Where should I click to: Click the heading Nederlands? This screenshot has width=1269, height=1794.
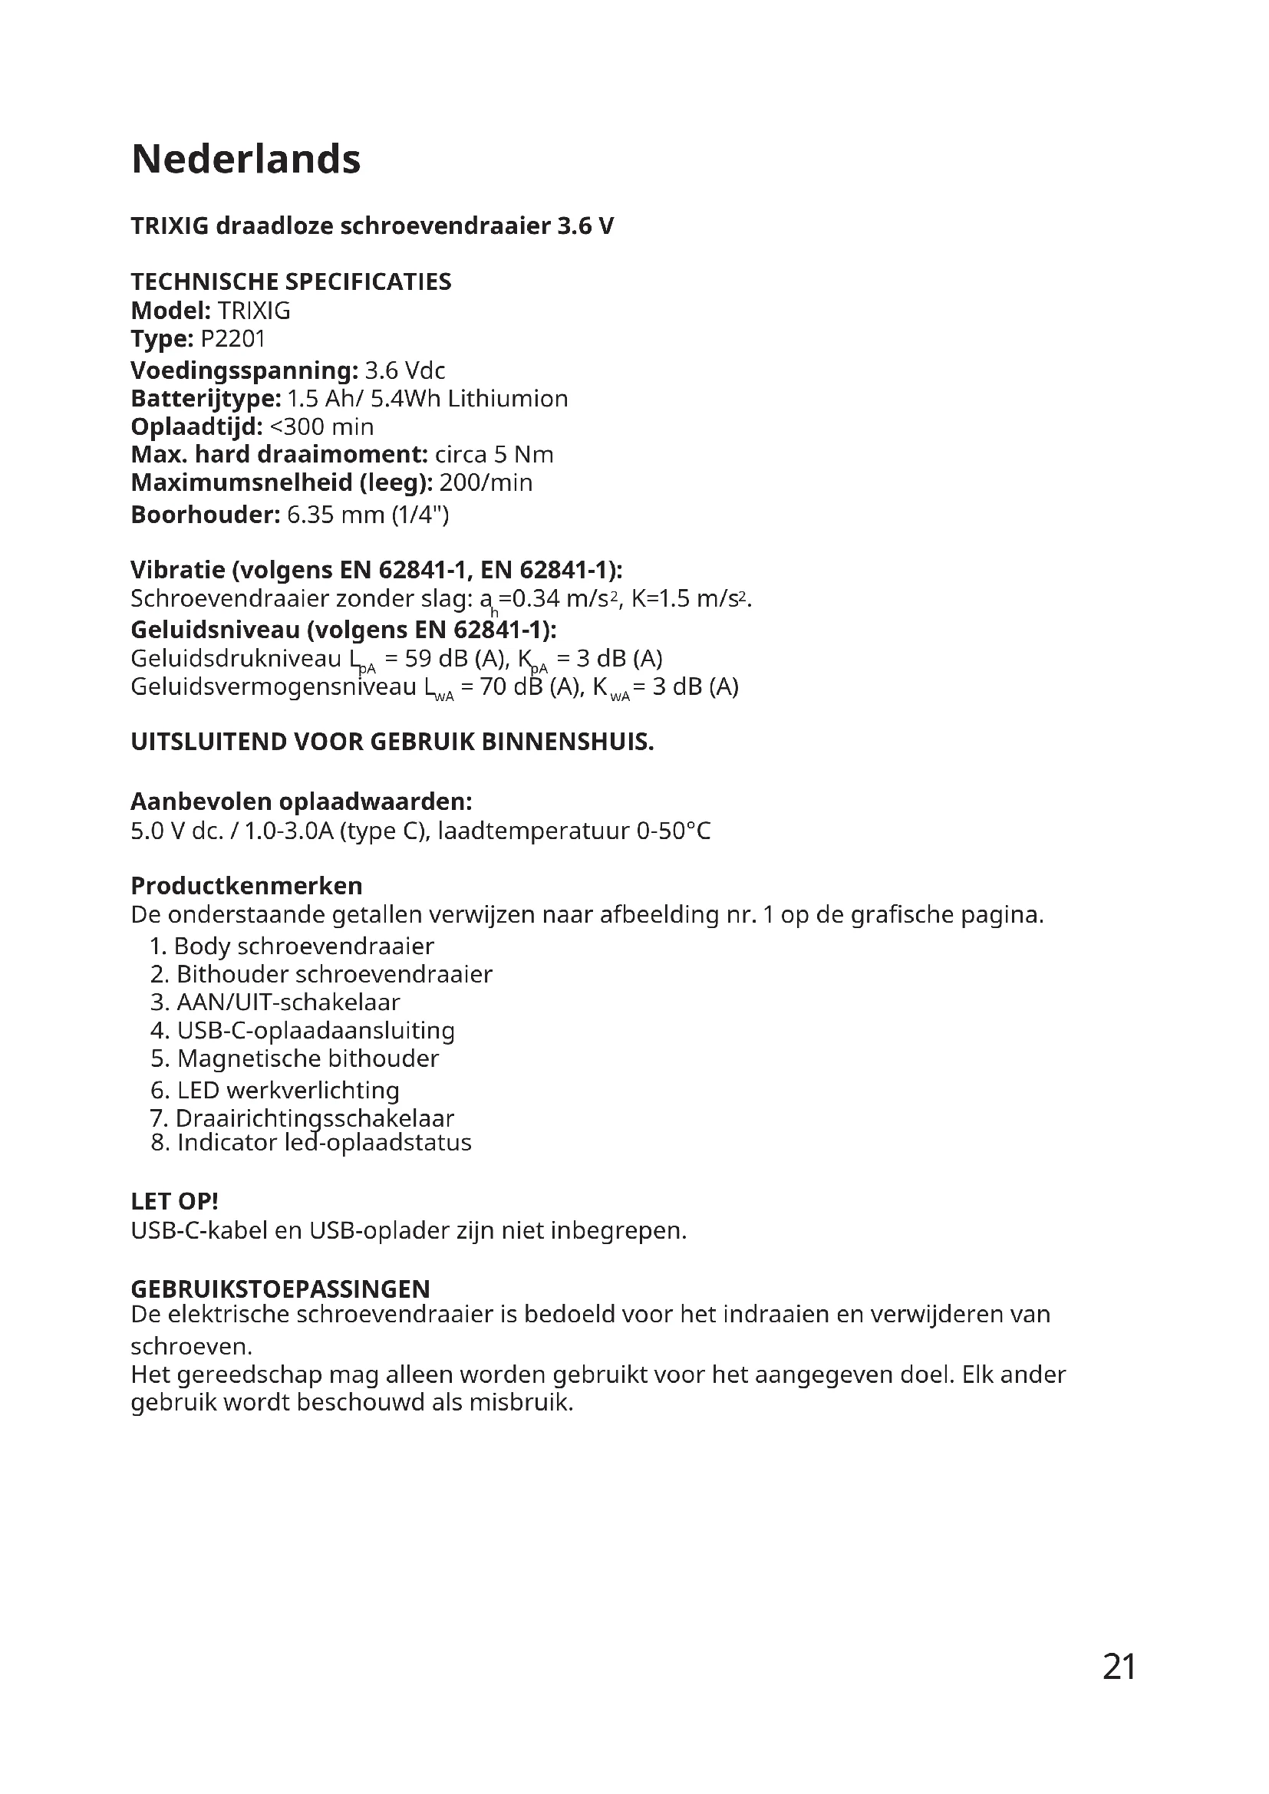click(246, 160)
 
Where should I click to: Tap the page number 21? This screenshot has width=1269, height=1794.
click(1119, 1688)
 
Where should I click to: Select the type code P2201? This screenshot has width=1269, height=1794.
click(233, 339)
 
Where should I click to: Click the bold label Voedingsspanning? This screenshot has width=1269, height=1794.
click(244, 370)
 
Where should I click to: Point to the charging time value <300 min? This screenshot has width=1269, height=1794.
click(321, 426)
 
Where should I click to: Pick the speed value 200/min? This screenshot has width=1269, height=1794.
click(485, 483)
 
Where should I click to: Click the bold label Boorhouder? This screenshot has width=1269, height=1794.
click(205, 515)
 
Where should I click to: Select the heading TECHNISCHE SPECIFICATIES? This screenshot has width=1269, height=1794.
click(291, 282)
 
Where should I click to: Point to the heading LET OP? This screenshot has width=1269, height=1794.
click(174, 1201)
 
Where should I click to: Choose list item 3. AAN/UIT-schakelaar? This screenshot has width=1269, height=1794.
click(275, 1002)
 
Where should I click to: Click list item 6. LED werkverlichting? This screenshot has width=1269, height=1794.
click(275, 1090)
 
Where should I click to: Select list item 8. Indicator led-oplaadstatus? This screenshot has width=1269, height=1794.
click(311, 1142)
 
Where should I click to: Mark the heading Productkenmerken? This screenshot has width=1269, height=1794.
click(246, 886)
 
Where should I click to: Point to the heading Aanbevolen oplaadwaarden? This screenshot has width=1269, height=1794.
click(301, 802)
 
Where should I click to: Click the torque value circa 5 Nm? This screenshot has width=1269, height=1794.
click(494, 455)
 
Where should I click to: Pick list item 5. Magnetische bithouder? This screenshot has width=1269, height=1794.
click(295, 1058)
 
